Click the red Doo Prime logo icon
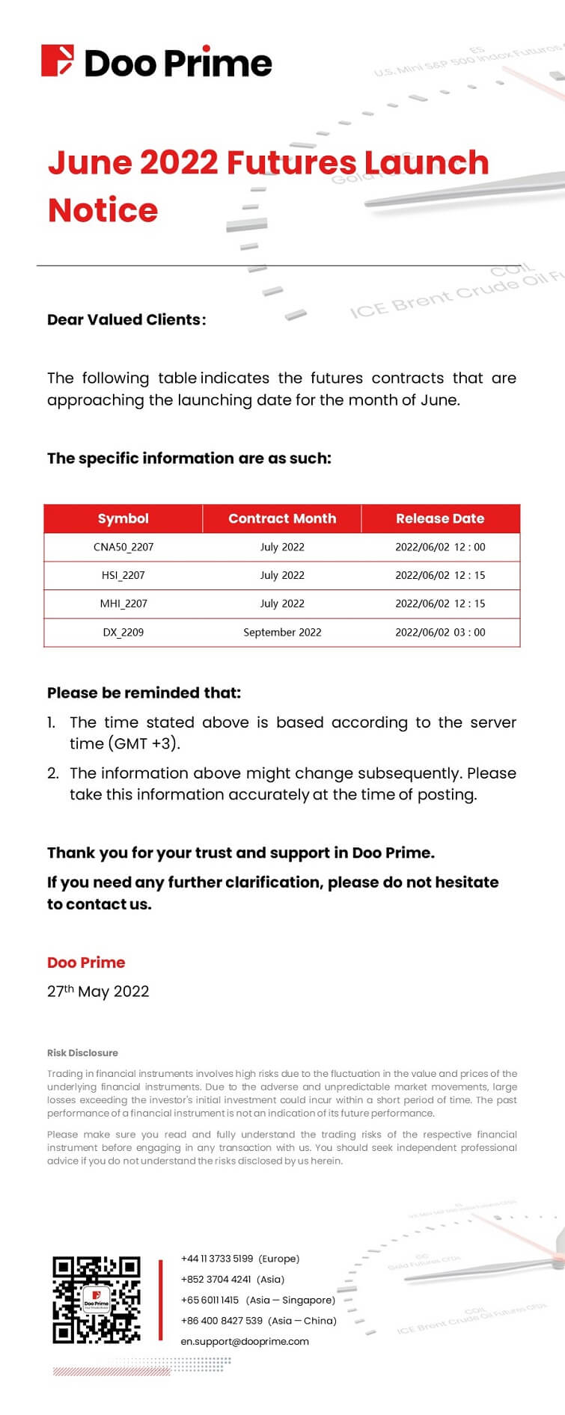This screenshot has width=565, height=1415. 58,61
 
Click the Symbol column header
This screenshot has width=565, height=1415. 123,518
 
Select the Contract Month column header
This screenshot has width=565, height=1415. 282,518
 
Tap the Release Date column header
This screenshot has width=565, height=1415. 440,518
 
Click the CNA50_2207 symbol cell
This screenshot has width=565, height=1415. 123,547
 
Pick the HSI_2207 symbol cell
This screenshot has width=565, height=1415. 123,575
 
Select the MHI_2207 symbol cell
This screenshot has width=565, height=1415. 123,604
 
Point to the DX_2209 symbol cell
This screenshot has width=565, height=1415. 123,632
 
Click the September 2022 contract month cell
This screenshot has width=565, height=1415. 282,632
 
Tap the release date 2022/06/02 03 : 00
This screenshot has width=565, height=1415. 440,632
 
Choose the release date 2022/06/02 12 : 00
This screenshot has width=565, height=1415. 440,547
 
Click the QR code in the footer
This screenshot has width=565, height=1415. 97,1299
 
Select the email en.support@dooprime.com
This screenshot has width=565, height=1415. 245,1341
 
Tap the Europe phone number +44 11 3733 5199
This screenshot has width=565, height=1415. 217,1259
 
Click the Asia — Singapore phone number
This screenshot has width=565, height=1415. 210,1300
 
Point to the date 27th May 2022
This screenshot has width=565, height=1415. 98,991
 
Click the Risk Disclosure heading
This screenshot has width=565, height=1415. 82,1052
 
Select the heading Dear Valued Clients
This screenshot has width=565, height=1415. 126,319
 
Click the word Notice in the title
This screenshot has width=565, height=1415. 103,210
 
